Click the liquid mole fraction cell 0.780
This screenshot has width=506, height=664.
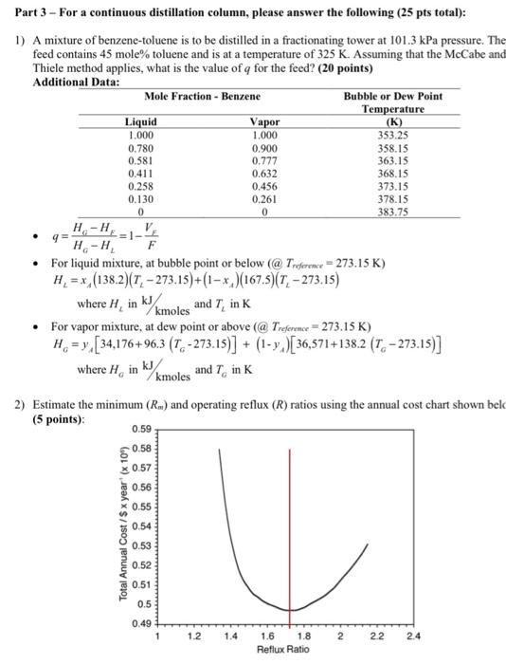pos(141,149)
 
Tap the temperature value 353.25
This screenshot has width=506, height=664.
pos(391,137)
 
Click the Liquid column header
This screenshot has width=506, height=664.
pos(141,123)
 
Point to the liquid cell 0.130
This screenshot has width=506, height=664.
pos(141,199)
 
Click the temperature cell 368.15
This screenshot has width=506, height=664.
pos(391,174)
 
